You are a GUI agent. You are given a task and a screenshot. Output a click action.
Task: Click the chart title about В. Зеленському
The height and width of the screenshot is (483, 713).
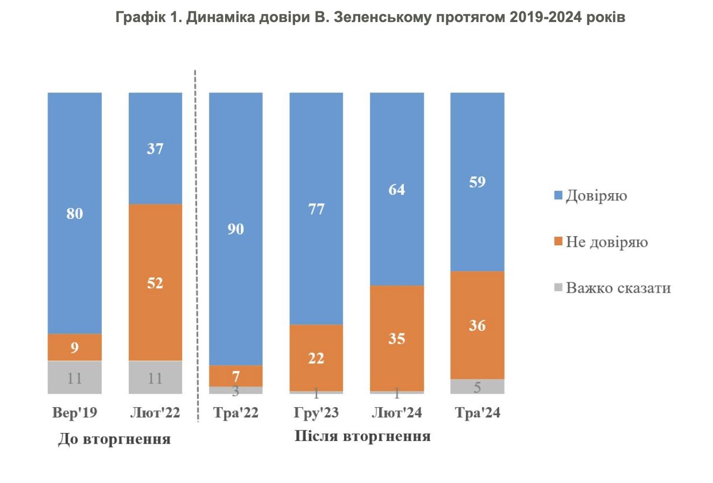click(x=371, y=18)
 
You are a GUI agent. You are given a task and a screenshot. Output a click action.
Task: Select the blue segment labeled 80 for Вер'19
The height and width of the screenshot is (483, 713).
click(x=74, y=213)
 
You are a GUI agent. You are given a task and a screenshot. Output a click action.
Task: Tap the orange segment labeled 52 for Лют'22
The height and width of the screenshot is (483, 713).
click(x=155, y=282)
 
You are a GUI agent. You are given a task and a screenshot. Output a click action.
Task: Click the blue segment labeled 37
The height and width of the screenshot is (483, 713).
click(x=155, y=148)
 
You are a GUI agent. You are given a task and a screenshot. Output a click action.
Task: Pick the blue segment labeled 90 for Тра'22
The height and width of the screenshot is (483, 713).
click(x=235, y=229)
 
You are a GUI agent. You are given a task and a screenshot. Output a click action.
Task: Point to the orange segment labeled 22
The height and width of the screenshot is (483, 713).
click(x=316, y=357)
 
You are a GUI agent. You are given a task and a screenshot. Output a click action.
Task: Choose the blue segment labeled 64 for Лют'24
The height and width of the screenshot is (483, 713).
click(x=396, y=189)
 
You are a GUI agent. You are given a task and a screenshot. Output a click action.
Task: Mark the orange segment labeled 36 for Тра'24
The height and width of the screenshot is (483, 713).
click(x=477, y=325)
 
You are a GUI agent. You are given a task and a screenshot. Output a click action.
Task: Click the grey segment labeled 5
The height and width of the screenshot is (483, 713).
click(x=477, y=386)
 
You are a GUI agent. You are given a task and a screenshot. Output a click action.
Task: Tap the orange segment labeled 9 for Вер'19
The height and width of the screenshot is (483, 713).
click(x=74, y=347)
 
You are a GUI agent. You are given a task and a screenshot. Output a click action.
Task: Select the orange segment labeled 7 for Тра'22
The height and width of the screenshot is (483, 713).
click(x=235, y=375)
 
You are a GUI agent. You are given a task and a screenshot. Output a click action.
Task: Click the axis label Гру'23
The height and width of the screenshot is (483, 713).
click(x=316, y=413)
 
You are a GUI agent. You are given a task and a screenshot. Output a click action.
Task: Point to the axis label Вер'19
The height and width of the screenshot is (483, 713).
click(x=74, y=413)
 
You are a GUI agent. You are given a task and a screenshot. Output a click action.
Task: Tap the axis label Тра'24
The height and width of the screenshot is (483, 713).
click(x=477, y=413)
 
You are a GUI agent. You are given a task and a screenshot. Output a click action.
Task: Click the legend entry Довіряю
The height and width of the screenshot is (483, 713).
click(x=596, y=195)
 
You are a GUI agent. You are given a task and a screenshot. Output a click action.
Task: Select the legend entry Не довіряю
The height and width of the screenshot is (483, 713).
click(x=606, y=241)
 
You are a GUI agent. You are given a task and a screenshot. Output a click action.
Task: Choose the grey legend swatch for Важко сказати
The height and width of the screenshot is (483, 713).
click(x=558, y=288)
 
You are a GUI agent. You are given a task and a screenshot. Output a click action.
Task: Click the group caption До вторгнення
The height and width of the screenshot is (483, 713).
click(x=114, y=439)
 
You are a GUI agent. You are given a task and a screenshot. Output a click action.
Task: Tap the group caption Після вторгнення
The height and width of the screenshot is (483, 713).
click(x=362, y=436)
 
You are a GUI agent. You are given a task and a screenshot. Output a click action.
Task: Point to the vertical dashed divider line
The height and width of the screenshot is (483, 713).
click(x=195, y=242)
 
